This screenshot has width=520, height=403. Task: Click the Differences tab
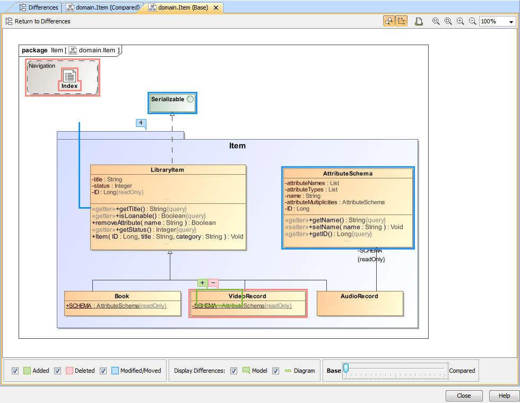(x=40, y=7)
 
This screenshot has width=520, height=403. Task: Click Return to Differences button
(x=38, y=21)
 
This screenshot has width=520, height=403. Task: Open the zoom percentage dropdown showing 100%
(x=511, y=22)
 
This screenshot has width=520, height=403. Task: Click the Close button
(x=464, y=396)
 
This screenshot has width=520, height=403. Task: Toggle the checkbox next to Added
(x=15, y=371)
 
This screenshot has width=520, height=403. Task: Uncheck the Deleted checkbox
(x=57, y=371)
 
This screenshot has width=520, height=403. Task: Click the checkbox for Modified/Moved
(x=103, y=371)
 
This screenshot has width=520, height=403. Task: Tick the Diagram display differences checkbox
(x=275, y=371)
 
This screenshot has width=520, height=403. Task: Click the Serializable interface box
(x=172, y=102)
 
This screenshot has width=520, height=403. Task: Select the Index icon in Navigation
(x=70, y=79)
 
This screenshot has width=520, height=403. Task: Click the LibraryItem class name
(x=167, y=170)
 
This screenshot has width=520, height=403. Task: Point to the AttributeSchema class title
(x=348, y=174)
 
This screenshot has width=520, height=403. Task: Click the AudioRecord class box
(x=359, y=303)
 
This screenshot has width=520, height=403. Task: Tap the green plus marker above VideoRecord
(x=202, y=283)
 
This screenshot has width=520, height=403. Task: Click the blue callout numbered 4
(x=141, y=123)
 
